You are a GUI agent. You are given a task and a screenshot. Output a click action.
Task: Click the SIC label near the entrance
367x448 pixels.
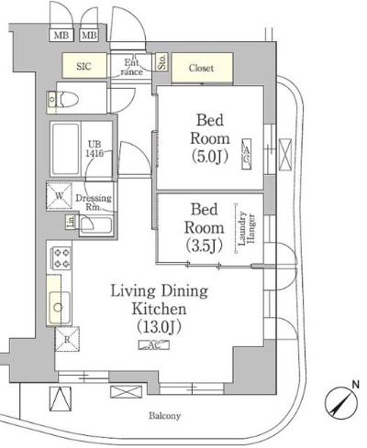pyautogui.click(x=83, y=67)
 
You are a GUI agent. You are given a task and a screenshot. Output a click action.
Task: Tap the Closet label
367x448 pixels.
pyautogui.click(x=201, y=67)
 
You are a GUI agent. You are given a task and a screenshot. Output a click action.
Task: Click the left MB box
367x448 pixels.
pyautogui.click(x=61, y=36)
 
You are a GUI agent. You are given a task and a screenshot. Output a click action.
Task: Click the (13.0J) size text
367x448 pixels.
pyautogui.click(x=159, y=327)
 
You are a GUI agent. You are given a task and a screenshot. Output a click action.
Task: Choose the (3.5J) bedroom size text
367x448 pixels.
pyautogui.click(x=205, y=245)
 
